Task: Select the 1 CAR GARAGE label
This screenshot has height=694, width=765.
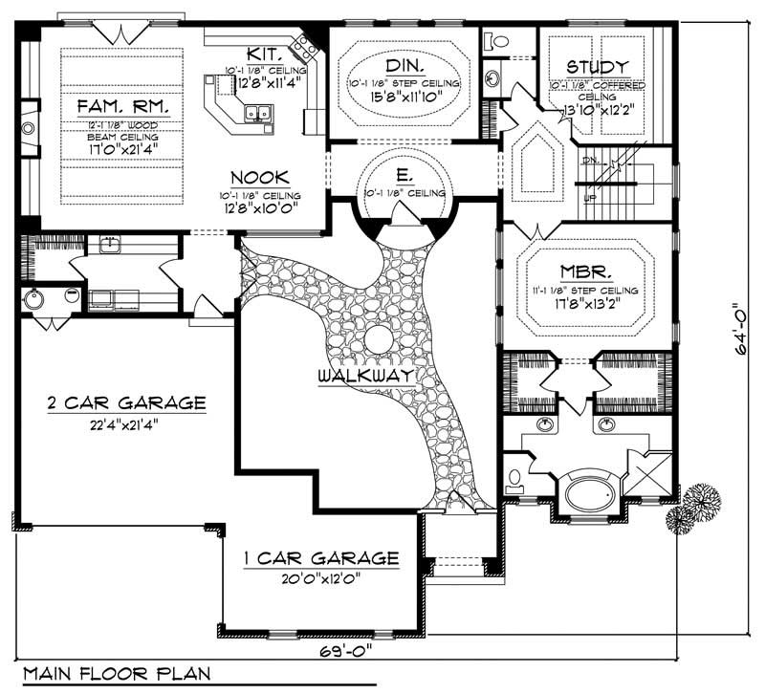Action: pos(320,557)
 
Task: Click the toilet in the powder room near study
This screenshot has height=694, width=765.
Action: pos(496,41)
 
